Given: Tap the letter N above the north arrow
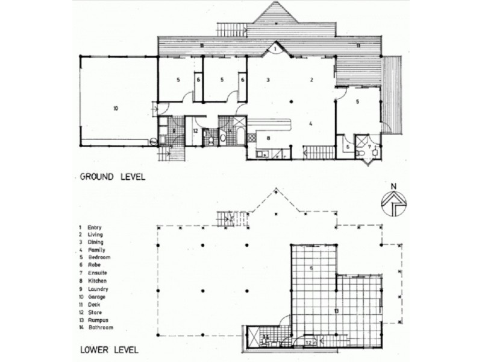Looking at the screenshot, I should pyautogui.click(x=393, y=186).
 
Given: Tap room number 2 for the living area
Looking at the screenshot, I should pyautogui.click(x=311, y=79).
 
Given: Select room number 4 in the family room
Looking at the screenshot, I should pyautogui.click(x=310, y=124).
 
